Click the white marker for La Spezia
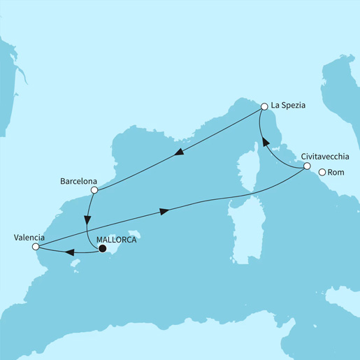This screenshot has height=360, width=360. pos(264,107)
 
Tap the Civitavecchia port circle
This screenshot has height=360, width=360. pos(307,166)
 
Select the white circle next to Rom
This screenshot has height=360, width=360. pos(322,173)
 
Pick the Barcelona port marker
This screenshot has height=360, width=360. pos(94,189)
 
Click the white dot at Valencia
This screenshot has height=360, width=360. pos(36,246)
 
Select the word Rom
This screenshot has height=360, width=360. pos(336,173)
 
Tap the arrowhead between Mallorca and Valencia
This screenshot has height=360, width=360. pos(70,252)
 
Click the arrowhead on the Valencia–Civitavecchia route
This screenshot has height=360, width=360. pos(164,210)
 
